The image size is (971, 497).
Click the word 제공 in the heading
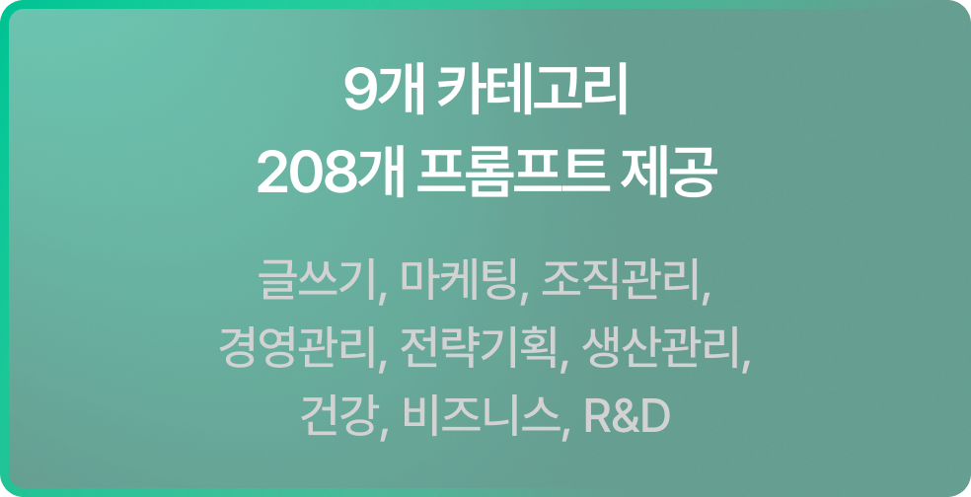667,173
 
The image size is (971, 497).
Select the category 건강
338,417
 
